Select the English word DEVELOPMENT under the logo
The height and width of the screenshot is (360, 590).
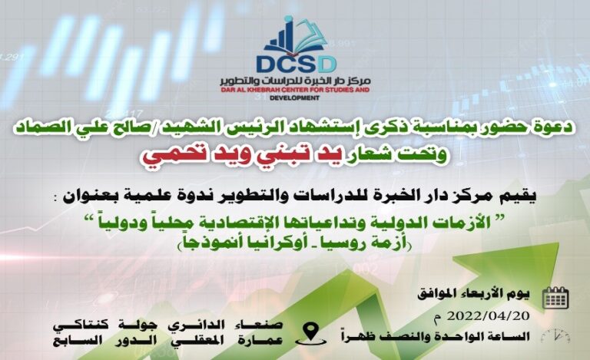point(295,98)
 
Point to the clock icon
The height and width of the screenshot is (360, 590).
point(555,336)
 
